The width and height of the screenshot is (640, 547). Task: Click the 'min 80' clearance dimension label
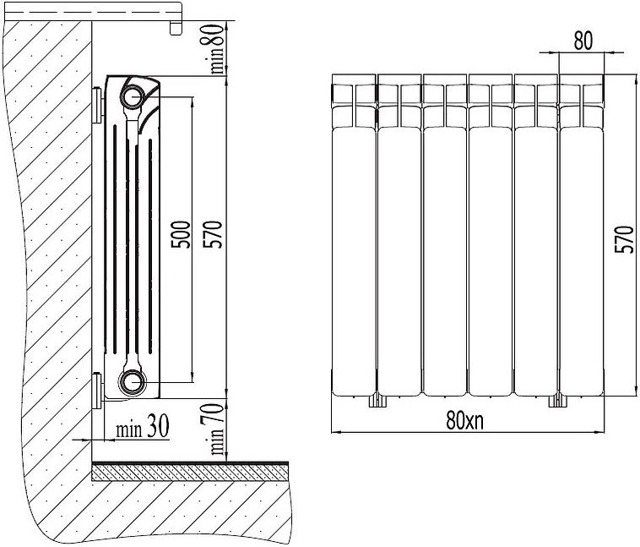[x=217, y=49]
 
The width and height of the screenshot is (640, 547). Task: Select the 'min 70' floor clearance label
[x=217, y=429]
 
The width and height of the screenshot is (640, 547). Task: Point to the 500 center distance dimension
[x=181, y=234]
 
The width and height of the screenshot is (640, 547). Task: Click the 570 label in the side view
[x=213, y=234]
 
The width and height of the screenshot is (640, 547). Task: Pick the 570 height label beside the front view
[x=625, y=239]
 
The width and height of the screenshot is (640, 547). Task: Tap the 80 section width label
[x=583, y=41]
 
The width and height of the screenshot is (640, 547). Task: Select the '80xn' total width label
[x=465, y=420]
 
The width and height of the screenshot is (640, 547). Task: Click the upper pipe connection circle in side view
[x=133, y=96]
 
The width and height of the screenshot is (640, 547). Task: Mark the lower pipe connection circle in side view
[x=132, y=383]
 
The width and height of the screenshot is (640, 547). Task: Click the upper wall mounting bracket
[x=98, y=105]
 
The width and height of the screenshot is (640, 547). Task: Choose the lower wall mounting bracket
[x=98, y=391]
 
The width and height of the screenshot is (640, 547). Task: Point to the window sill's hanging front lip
[x=176, y=28]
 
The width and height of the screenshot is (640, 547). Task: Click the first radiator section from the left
[x=354, y=235]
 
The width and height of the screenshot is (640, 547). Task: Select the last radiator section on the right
[x=581, y=235]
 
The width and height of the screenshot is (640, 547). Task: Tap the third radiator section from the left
[x=445, y=235]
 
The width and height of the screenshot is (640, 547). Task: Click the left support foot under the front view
[x=377, y=401]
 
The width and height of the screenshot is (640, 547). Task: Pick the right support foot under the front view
[x=558, y=401]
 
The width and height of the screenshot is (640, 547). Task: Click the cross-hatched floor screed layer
[x=190, y=473]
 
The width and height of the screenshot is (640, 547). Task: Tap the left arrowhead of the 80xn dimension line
[x=335, y=432]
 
